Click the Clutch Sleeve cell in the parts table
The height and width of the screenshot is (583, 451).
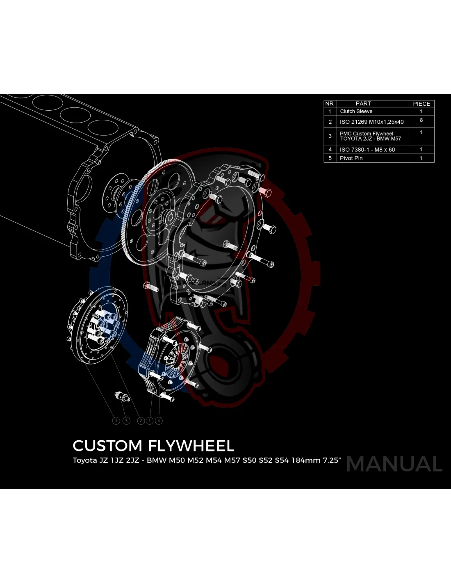click(x=356, y=112)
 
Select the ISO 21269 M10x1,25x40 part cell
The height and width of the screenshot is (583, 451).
click(x=371, y=122)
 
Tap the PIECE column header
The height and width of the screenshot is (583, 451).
click(x=421, y=104)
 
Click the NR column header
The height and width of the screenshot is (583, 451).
click(x=329, y=104)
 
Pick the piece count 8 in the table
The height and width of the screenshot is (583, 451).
click(x=421, y=120)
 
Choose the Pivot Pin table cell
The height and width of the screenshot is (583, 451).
click(x=351, y=158)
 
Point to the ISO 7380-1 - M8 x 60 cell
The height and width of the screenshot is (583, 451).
click(x=367, y=150)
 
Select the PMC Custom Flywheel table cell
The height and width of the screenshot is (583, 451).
click(x=370, y=136)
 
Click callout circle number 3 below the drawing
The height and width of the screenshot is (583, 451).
click(x=116, y=421)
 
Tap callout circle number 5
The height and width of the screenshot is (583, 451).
click(x=126, y=421)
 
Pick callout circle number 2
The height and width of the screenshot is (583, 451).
click(x=141, y=421)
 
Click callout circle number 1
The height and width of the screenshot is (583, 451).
click(x=150, y=421)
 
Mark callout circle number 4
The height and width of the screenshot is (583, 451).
click(x=159, y=421)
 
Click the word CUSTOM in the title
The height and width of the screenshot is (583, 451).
click(x=107, y=446)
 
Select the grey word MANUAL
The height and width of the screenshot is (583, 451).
click(x=394, y=464)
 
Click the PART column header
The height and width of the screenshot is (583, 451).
click(x=363, y=104)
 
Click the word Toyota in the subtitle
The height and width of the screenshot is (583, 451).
click(x=84, y=460)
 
